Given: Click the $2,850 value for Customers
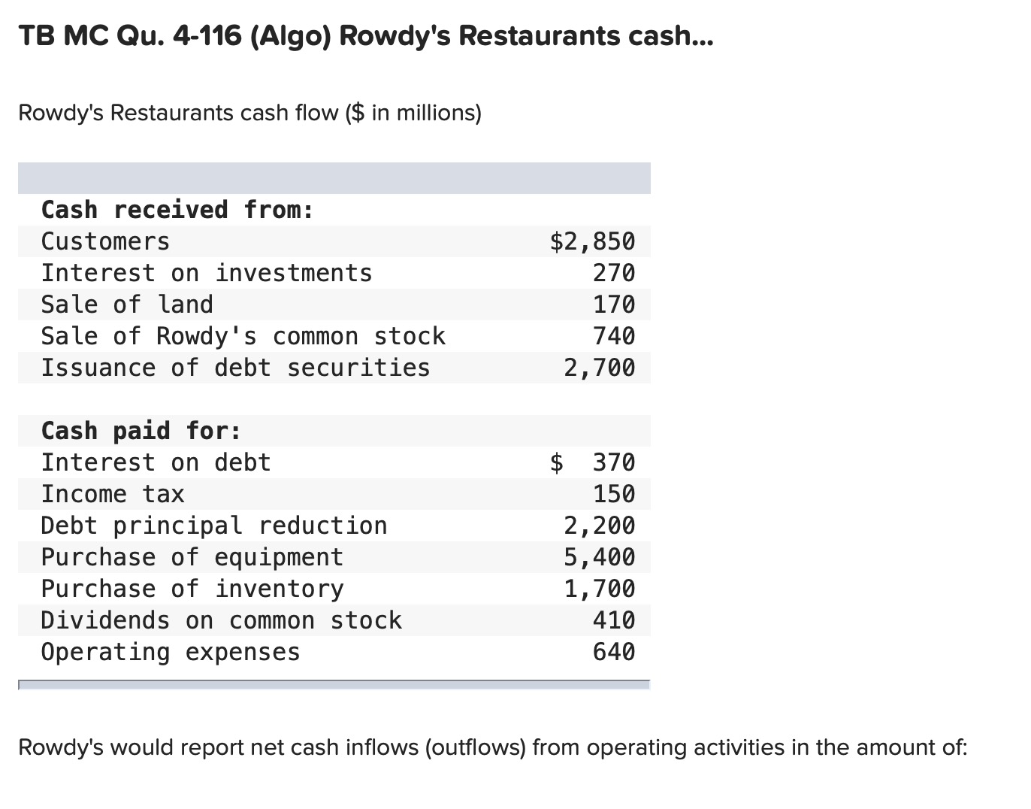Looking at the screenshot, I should click(x=592, y=241).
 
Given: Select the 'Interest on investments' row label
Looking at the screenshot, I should click(x=206, y=273).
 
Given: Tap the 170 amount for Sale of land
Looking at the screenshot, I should click(x=613, y=305).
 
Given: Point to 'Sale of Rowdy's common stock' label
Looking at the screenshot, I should click(x=243, y=336).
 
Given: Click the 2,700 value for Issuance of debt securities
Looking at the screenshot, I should click(x=599, y=368).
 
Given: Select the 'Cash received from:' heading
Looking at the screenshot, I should click(x=177, y=210).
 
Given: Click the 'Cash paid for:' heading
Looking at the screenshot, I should click(x=141, y=431).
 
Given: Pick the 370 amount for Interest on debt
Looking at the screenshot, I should click(x=613, y=462).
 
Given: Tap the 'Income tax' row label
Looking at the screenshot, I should click(x=112, y=494).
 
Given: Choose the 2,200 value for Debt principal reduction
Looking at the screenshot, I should click(x=599, y=526).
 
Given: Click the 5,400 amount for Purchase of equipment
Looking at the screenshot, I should click(x=599, y=557).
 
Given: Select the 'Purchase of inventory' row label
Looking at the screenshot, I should click(x=192, y=589).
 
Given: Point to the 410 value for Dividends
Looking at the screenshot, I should click(x=613, y=620).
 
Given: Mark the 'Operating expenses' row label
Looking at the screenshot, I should click(x=170, y=652).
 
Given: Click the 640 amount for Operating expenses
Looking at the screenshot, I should click(x=613, y=652).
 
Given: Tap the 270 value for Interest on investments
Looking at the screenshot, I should click(x=613, y=273).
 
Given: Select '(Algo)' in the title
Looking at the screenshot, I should click(x=286, y=35).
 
